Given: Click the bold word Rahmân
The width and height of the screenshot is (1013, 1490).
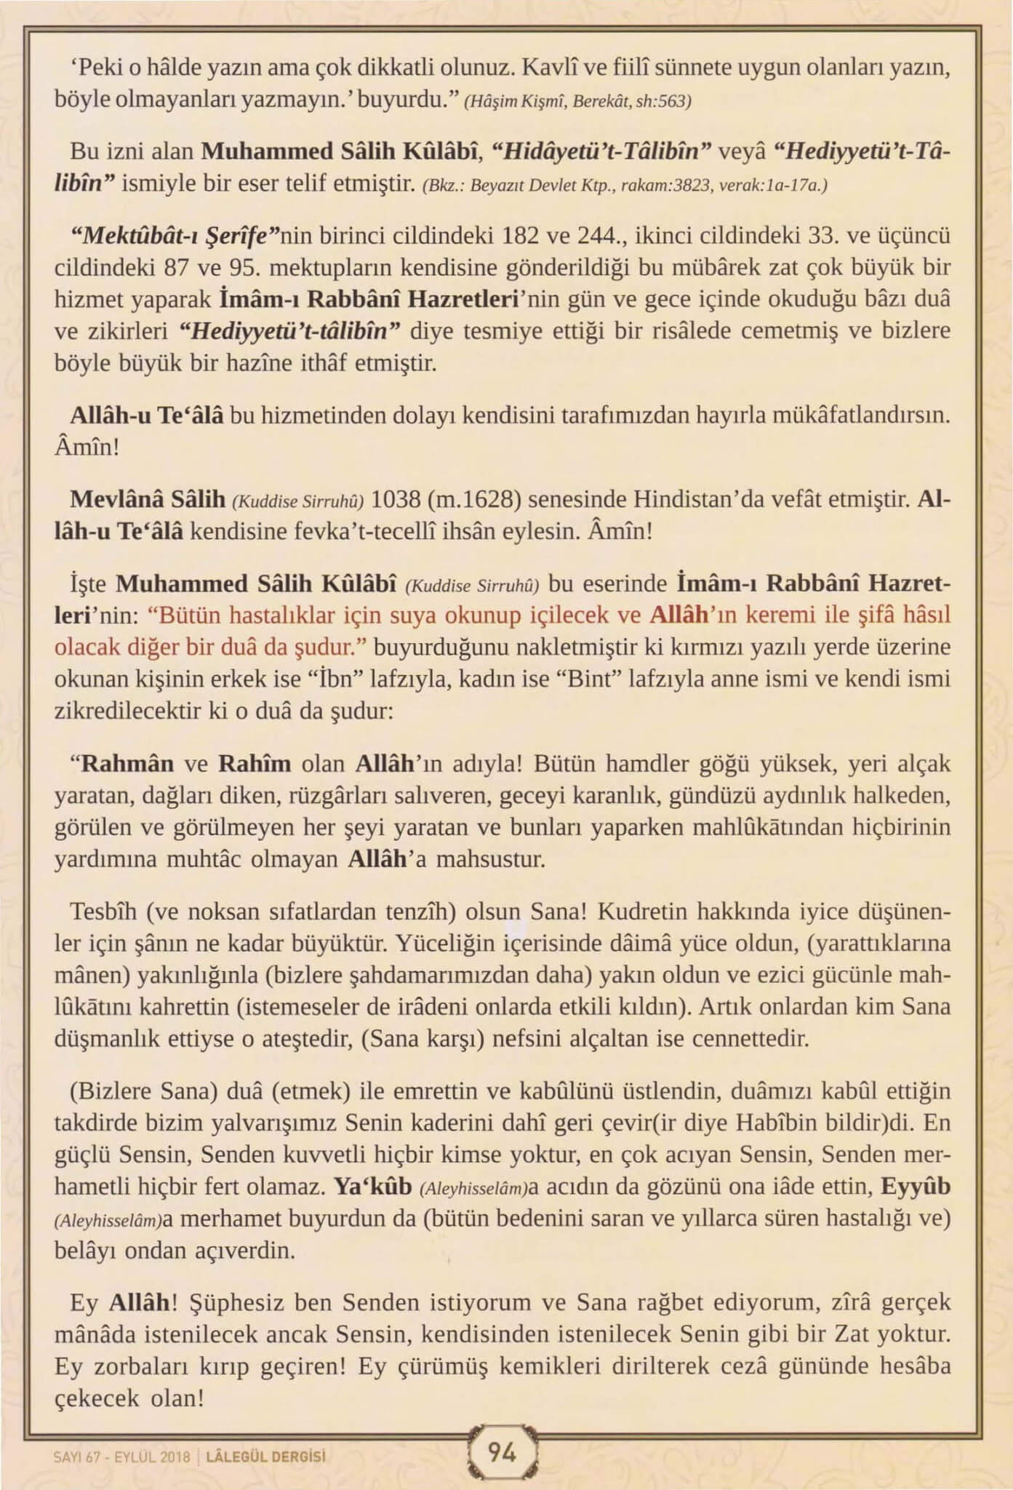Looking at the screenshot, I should coord(127,764).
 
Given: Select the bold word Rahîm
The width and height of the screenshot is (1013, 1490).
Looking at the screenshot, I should coord(255,764).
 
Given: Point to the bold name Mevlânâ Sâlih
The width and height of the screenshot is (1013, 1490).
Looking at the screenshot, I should coord(148,500).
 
